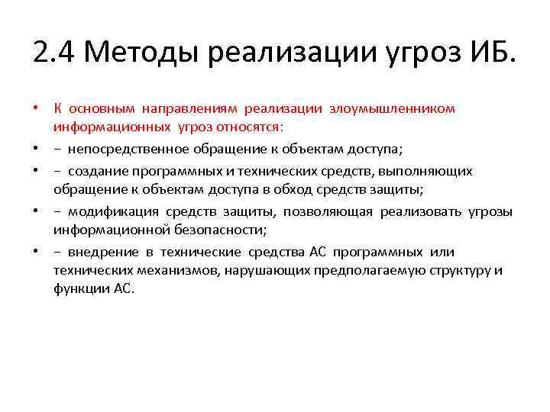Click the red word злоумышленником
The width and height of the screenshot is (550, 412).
click(x=392, y=108)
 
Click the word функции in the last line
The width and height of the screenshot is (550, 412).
click(x=78, y=288)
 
